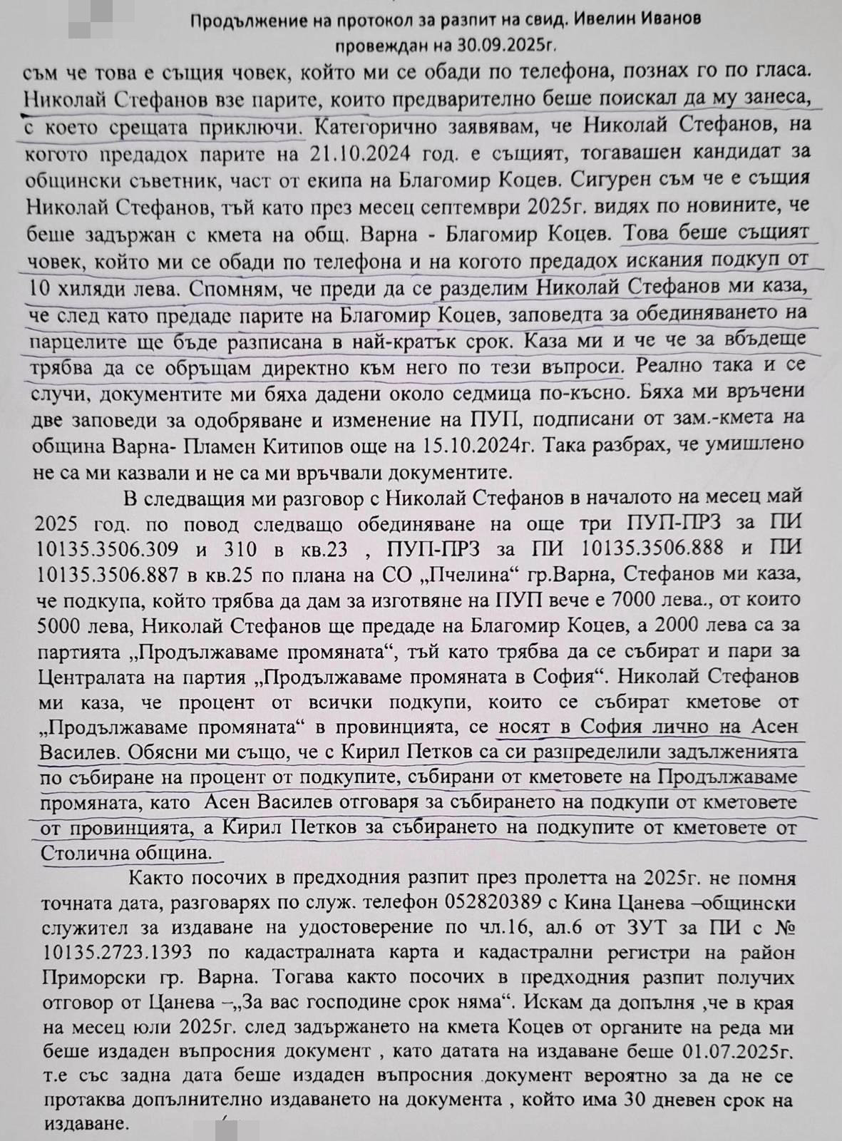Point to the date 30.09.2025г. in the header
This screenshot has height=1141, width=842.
[510, 44]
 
